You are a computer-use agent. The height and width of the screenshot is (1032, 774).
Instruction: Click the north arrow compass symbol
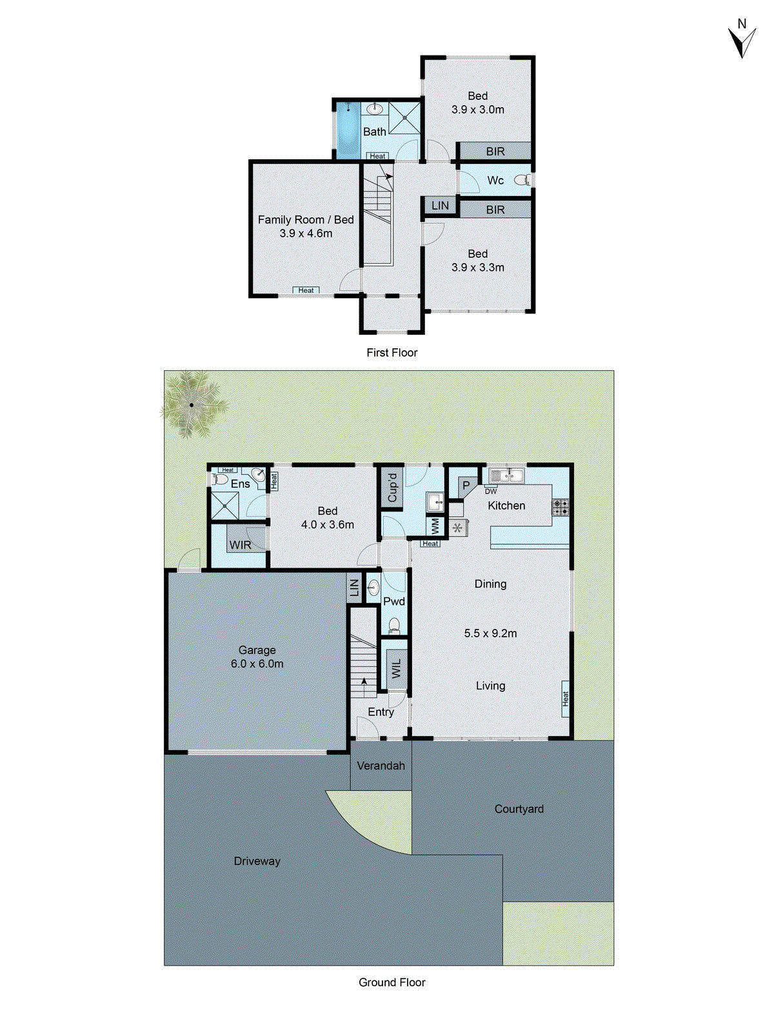tap(742, 40)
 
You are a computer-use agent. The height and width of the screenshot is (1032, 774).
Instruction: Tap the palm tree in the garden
tap(192, 405)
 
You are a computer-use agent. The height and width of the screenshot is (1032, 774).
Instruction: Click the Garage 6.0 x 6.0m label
tap(257, 657)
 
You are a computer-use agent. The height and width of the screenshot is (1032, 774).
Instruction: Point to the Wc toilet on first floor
tap(522, 180)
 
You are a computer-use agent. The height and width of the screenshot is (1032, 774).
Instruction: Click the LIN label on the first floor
tap(440, 206)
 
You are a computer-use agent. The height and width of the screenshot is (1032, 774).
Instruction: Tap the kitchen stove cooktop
tap(561, 507)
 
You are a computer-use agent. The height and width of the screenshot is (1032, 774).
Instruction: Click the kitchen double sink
tap(506, 476)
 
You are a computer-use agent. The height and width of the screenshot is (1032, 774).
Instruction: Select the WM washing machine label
tap(435, 526)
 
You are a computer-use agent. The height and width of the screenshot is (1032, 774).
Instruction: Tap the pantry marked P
tap(466, 486)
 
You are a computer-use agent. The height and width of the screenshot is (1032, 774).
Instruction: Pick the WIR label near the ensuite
tap(240, 545)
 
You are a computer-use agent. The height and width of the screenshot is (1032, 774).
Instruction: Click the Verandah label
tap(381, 766)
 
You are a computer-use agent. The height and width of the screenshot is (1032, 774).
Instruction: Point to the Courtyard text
tap(519, 809)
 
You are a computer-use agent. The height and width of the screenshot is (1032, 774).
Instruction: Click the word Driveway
tap(257, 861)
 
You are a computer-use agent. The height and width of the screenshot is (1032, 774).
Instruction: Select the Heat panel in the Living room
tap(565, 699)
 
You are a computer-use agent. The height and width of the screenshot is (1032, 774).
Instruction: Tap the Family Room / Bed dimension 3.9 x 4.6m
tap(306, 233)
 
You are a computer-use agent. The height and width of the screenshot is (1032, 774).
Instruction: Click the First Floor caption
tap(392, 352)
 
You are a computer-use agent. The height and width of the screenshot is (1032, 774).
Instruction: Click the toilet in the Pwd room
tap(394, 625)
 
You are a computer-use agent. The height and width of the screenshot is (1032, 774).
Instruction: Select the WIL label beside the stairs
tap(396, 668)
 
